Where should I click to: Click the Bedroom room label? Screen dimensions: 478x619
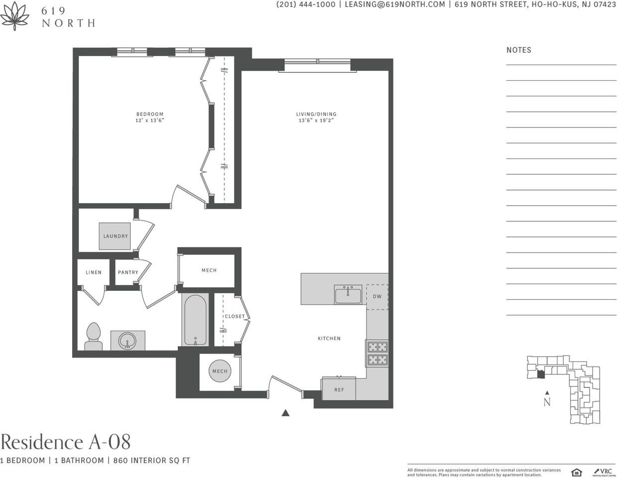[x=150, y=114]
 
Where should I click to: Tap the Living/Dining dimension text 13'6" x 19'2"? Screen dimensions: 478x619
[x=316, y=120]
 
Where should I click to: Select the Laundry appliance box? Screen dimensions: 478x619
[x=115, y=236]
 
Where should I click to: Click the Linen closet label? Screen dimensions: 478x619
[x=94, y=272]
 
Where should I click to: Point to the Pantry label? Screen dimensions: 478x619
[x=128, y=272]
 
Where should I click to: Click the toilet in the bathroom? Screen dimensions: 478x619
[x=94, y=337]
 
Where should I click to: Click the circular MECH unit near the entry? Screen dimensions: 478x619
[x=219, y=371]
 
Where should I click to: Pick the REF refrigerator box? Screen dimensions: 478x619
[x=339, y=389]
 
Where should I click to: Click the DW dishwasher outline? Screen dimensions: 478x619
[x=377, y=297]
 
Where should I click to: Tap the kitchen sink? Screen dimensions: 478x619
[x=348, y=295]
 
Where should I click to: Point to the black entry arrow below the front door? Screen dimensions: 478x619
[x=286, y=413]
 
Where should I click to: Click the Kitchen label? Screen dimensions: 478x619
[x=329, y=339]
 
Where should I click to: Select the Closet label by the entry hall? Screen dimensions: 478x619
[x=234, y=317]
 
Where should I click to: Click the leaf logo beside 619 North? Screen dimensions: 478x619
[x=14, y=15]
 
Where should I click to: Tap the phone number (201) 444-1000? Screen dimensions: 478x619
[x=306, y=4]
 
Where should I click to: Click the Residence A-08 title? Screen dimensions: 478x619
[x=66, y=442]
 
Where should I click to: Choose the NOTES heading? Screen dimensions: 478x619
[x=518, y=50]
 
